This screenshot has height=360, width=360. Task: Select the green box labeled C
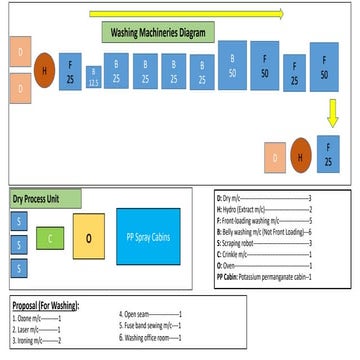[50, 239]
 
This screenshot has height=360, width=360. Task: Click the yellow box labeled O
[89, 239]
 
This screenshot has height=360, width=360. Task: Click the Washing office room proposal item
[150, 338]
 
